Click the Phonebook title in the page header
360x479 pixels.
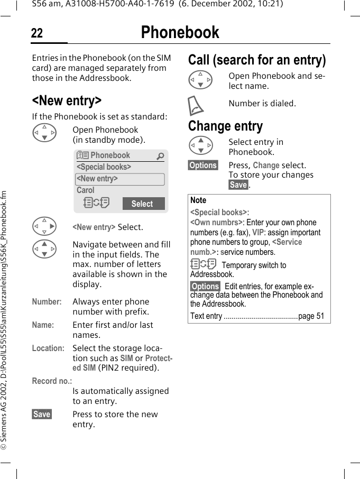coord(180,33)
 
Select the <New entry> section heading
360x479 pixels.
coord(67,100)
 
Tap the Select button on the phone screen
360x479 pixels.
coord(143,204)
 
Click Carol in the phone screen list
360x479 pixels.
coord(86,190)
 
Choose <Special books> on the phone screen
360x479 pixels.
coord(104,167)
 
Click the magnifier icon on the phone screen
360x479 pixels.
coord(160,156)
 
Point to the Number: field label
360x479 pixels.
coord(47,302)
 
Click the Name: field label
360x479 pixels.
coord(43,325)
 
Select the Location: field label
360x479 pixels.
coord(48,348)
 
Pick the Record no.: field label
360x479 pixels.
coord(52,381)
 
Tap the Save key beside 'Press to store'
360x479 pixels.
coord(42,414)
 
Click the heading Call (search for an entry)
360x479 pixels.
coord(257,60)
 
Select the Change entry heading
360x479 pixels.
coord(225,126)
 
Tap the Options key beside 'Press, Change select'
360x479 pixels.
coord(203,165)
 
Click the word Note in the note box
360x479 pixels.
coord(198,200)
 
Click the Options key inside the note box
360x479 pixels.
coord(205,287)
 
